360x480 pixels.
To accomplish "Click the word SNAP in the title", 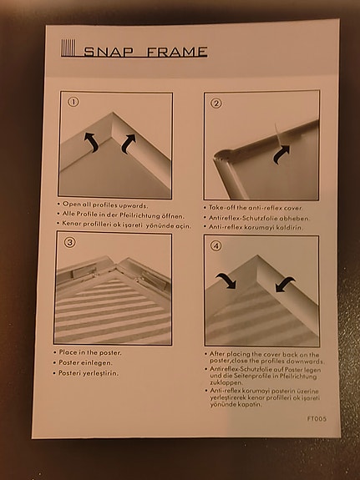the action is pos(108,52).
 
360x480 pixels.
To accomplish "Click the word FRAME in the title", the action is pos(177,52).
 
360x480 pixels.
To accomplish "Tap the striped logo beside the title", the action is pos(68,48).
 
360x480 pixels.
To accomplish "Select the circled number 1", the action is pos(73,102).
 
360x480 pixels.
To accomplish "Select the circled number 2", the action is pos(216,104).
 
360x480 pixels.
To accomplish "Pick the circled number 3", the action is pos(70,242).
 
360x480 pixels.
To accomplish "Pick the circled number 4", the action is pos(216,245).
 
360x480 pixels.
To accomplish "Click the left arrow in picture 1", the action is pos(91,141).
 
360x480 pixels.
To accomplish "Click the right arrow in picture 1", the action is pos(128,144).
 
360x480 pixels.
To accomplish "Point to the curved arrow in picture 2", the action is pos(281,154).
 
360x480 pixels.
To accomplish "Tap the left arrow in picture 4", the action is pos(226,280).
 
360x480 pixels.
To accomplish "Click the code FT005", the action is pos(317,418).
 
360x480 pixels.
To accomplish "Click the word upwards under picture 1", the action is pos(133,205).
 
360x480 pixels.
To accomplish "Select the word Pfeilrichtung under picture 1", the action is pos(139,215).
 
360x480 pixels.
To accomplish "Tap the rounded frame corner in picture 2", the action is pos(221,156).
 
